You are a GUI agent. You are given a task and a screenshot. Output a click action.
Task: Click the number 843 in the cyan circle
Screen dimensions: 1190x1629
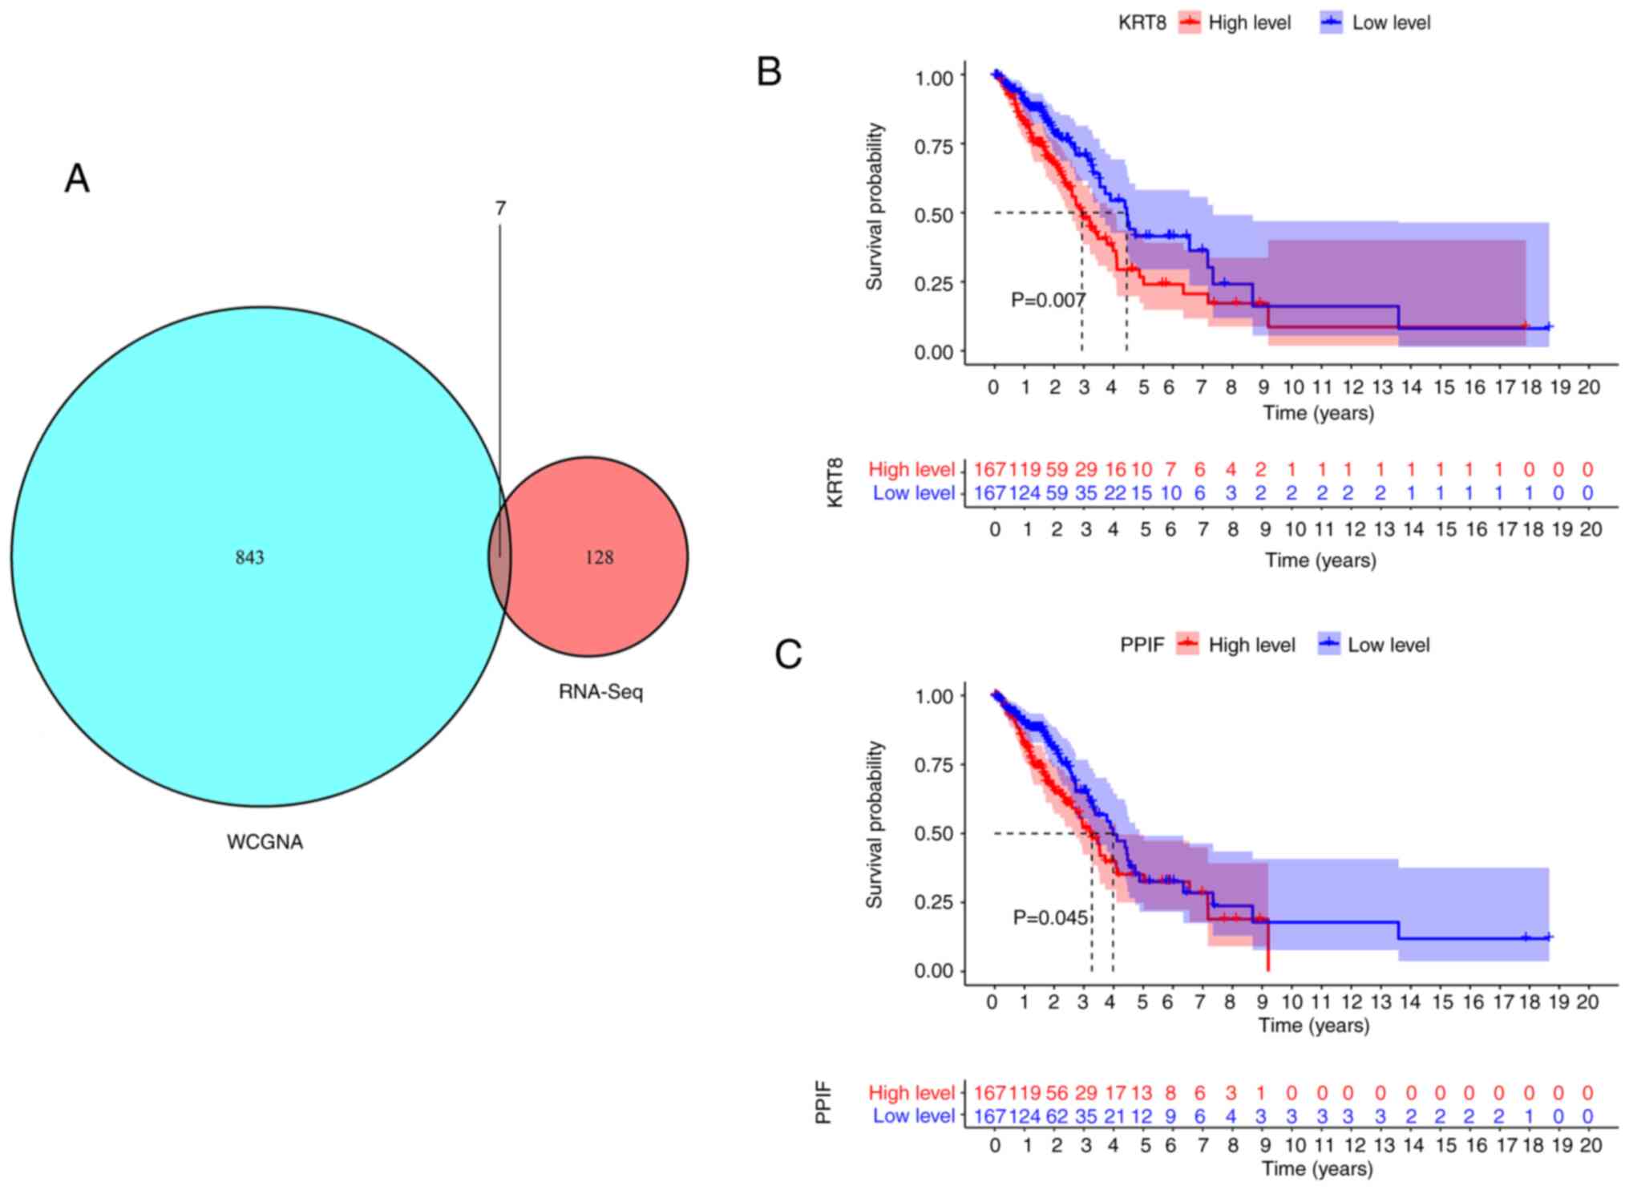(x=249, y=557)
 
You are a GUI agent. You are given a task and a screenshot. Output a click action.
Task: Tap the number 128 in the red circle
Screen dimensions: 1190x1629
(x=599, y=557)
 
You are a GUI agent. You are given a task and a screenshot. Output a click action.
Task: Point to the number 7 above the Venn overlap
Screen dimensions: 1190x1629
(x=500, y=208)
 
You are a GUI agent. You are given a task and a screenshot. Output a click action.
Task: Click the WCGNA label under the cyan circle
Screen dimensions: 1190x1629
(x=265, y=842)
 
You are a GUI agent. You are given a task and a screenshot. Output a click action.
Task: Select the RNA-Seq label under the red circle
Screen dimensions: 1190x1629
(x=600, y=691)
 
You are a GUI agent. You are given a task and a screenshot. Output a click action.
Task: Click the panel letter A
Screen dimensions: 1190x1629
(x=77, y=178)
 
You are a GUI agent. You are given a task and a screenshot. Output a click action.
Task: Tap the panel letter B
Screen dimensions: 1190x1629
(x=769, y=71)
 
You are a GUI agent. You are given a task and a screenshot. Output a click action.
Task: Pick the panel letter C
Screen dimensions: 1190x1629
(x=788, y=654)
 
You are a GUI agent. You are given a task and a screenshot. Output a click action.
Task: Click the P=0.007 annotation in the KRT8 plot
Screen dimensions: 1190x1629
(x=1048, y=300)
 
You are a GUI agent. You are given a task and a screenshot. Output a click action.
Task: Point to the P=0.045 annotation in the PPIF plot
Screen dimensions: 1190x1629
(x=1050, y=917)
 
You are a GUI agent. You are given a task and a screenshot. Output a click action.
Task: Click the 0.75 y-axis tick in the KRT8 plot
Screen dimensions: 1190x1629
(x=934, y=146)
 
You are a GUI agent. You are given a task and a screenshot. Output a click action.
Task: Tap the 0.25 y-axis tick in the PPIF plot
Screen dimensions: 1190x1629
(x=934, y=902)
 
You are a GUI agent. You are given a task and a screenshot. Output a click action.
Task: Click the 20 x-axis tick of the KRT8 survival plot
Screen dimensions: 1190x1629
(x=1588, y=387)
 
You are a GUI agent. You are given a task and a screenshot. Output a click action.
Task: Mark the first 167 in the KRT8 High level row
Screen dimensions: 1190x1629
(x=989, y=469)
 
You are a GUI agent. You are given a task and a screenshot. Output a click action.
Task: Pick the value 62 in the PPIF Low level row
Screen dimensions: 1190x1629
(x=1057, y=1115)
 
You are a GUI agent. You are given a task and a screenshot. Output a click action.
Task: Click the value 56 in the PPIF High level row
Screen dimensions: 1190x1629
(x=1057, y=1092)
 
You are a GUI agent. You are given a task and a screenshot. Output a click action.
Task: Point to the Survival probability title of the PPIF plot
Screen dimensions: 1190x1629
(x=875, y=824)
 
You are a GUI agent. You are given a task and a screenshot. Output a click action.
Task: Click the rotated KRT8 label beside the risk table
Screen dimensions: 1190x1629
(x=835, y=482)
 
